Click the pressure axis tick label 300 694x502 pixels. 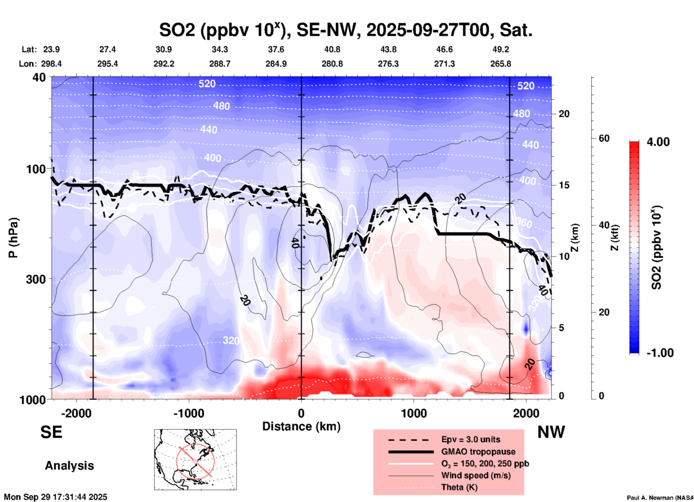tap(36, 279)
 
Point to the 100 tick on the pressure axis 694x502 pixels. tap(36, 169)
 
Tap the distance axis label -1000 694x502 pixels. tap(188, 413)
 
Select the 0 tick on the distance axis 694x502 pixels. tap(301, 413)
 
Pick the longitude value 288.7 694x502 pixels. tap(220, 64)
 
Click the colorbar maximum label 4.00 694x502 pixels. tap(658, 142)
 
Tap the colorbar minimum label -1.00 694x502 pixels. tap(660, 353)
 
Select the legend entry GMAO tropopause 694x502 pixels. tap(478, 452)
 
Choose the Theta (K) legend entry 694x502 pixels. tap(459, 487)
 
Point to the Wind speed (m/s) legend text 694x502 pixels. tap(476, 475)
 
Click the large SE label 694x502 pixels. tap(51, 432)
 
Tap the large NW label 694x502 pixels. tap(551, 432)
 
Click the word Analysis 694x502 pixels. tap(69, 466)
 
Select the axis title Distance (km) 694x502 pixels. tap(301, 426)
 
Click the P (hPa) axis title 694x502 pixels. tap(13, 238)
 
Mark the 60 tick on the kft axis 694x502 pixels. tap(604, 138)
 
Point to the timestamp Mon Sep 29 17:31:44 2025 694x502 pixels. tap(55, 497)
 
